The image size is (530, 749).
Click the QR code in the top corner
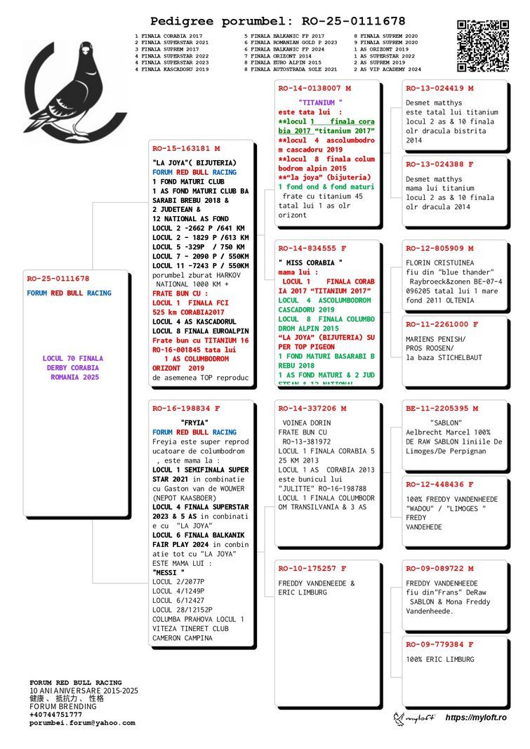click(483, 46)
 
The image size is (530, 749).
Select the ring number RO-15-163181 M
click(186, 149)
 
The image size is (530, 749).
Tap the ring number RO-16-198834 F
click(186, 408)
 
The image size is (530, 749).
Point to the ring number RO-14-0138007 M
click(314, 88)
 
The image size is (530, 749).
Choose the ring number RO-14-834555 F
click(312, 248)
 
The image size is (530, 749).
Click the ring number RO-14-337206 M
click(312, 408)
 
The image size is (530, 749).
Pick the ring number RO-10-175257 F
click(312, 569)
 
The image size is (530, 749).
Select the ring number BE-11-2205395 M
click(442, 408)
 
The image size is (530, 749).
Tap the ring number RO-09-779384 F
click(439, 644)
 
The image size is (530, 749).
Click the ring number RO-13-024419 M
click(439, 88)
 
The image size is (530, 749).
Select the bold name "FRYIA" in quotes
click(192, 423)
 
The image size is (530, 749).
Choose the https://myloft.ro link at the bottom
click(476, 717)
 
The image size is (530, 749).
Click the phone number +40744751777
click(55, 715)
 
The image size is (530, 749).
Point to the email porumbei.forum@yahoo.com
click(81, 723)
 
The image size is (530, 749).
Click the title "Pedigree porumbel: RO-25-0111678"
click(277, 22)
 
